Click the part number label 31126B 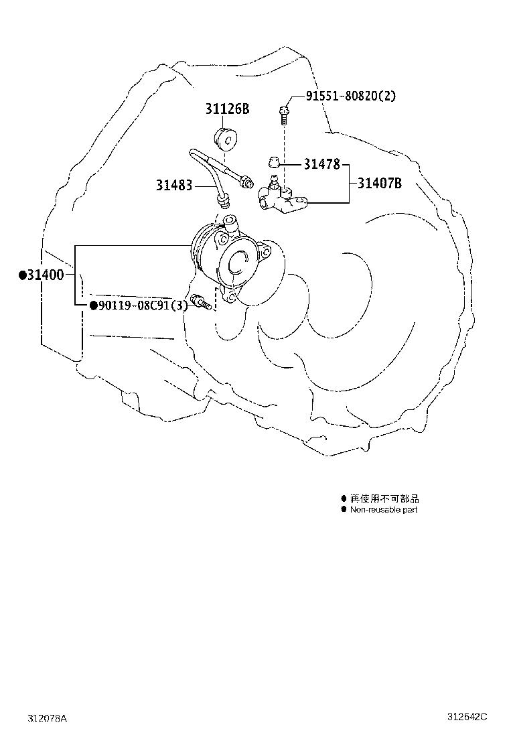point(227,109)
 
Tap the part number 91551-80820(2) point(350,96)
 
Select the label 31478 point(322,164)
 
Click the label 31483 point(174,185)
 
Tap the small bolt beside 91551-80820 point(283,115)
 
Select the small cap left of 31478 point(273,162)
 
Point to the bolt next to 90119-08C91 point(201,302)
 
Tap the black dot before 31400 point(22,275)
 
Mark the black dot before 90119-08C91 point(94,305)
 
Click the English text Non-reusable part point(384,510)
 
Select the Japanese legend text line point(384,498)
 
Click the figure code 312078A point(48,718)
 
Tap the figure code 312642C point(467,716)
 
